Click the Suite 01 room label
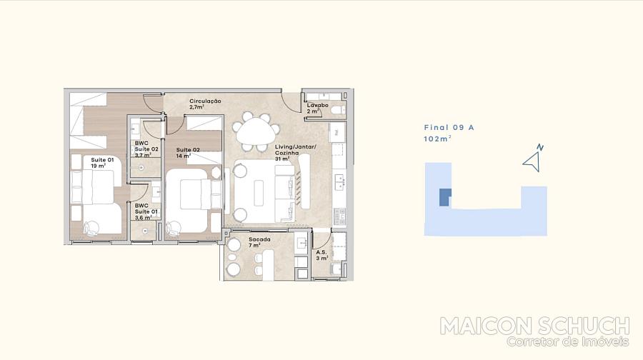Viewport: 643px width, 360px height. point(102,163)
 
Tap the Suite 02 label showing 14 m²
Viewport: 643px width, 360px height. point(188,153)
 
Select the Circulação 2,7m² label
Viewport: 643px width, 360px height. point(205,104)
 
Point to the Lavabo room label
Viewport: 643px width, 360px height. point(317,109)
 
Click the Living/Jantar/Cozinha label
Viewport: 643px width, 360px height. point(295,153)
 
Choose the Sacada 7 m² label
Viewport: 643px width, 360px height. point(259,242)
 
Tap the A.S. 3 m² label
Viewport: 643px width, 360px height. point(322,256)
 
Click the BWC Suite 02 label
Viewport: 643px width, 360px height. point(146,149)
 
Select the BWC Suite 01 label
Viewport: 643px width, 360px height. point(146,211)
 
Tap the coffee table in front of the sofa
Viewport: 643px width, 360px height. point(259,192)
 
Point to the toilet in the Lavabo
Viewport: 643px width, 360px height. point(339,109)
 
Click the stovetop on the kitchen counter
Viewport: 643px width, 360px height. point(339,216)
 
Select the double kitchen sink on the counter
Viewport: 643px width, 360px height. point(339,182)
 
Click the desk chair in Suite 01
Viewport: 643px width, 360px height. point(91,228)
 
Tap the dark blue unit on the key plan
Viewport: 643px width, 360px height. point(445,197)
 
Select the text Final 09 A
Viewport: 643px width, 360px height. point(449,128)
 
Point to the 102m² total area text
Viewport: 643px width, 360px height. point(437,139)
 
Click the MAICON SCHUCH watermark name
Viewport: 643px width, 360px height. point(534,326)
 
